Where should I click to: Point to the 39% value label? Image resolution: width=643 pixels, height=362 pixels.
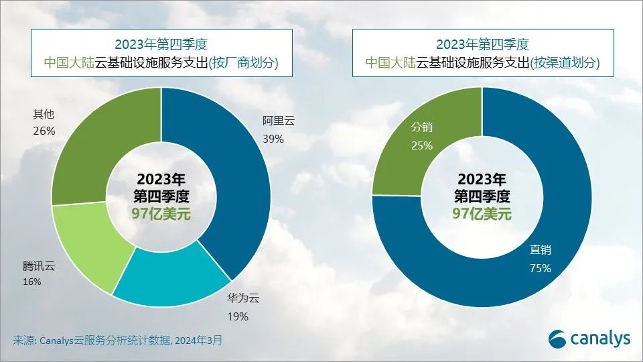point(273,139)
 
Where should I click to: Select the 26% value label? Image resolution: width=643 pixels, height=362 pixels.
point(44,130)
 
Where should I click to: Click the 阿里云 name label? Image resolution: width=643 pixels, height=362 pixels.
point(279,122)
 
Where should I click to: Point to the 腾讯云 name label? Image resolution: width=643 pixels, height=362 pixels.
point(39,266)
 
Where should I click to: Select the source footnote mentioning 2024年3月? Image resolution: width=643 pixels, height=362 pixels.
point(117,340)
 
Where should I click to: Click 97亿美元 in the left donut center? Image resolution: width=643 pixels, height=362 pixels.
point(161,214)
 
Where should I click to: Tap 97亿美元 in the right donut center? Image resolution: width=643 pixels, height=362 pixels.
point(482,214)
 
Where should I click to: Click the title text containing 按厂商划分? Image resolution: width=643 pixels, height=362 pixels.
point(161,63)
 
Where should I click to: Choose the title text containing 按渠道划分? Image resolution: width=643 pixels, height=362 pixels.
point(482,63)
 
